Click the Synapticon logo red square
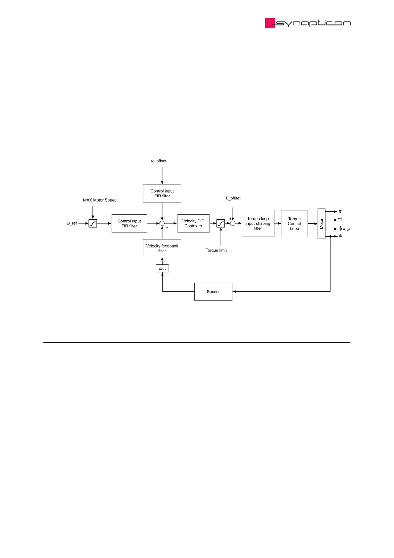270,23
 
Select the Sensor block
213,292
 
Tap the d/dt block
162,268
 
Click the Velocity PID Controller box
193,223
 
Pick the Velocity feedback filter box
162,248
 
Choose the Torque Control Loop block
294,224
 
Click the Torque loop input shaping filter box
258,223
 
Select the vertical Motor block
321,224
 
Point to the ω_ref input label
72,223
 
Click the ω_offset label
159,161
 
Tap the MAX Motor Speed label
100,200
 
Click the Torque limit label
216,250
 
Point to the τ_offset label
233,198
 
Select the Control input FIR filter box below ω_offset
162,193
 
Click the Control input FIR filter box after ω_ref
129,223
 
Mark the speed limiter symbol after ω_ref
93,223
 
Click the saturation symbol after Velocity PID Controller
221,223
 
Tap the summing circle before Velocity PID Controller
162,223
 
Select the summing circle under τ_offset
233,223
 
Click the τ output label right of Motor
340,211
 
